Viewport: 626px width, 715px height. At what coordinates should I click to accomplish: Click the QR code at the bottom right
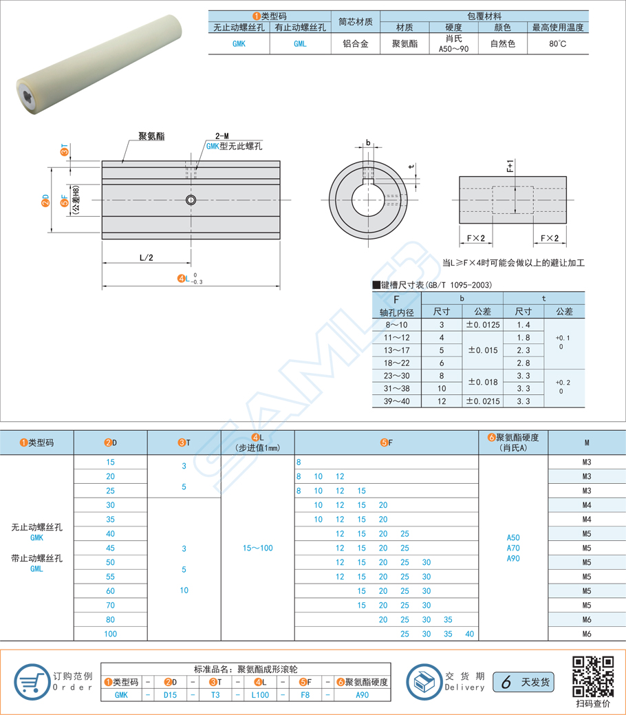(592, 676)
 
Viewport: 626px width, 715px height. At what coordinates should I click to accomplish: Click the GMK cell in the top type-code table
(239, 43)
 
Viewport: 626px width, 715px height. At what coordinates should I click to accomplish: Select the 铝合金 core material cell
(355, 43)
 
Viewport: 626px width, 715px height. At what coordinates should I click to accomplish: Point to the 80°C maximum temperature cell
(558, 43)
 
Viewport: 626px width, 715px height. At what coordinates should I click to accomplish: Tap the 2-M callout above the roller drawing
(222, 136)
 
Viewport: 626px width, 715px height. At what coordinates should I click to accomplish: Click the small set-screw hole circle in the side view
(191, 200)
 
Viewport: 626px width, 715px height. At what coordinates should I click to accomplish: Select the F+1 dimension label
(510, 167)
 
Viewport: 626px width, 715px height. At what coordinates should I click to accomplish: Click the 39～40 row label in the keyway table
(395, 401)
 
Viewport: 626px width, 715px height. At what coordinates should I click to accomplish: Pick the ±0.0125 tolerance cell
(482, 324)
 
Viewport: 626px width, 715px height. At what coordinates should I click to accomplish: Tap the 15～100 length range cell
(257, 548)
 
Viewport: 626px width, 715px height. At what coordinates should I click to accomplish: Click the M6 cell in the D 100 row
(586, 634)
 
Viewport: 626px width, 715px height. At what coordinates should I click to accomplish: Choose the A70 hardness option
(513, 548)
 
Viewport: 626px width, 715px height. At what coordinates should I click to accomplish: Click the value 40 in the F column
(469, 634)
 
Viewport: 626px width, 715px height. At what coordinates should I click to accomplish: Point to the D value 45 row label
(110, 548)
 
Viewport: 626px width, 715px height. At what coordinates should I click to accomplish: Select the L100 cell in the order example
(261, 695)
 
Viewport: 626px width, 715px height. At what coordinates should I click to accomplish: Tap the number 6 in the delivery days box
(506, 682)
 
